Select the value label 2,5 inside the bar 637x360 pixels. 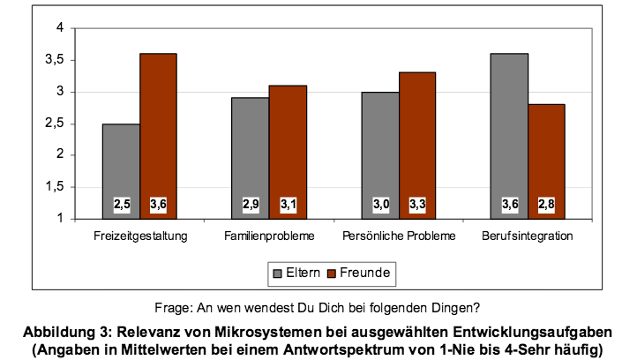[122, 206]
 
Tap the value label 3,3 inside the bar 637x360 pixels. [417, 206]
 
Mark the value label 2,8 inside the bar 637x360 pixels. [547, 206]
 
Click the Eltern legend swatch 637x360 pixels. [276, 274]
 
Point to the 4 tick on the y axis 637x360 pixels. [61, 28]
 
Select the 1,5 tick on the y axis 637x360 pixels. [57, 187]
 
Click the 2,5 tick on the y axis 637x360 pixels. [57, 124]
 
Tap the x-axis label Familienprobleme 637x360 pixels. [269, 237]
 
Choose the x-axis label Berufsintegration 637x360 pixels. [528, 237]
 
